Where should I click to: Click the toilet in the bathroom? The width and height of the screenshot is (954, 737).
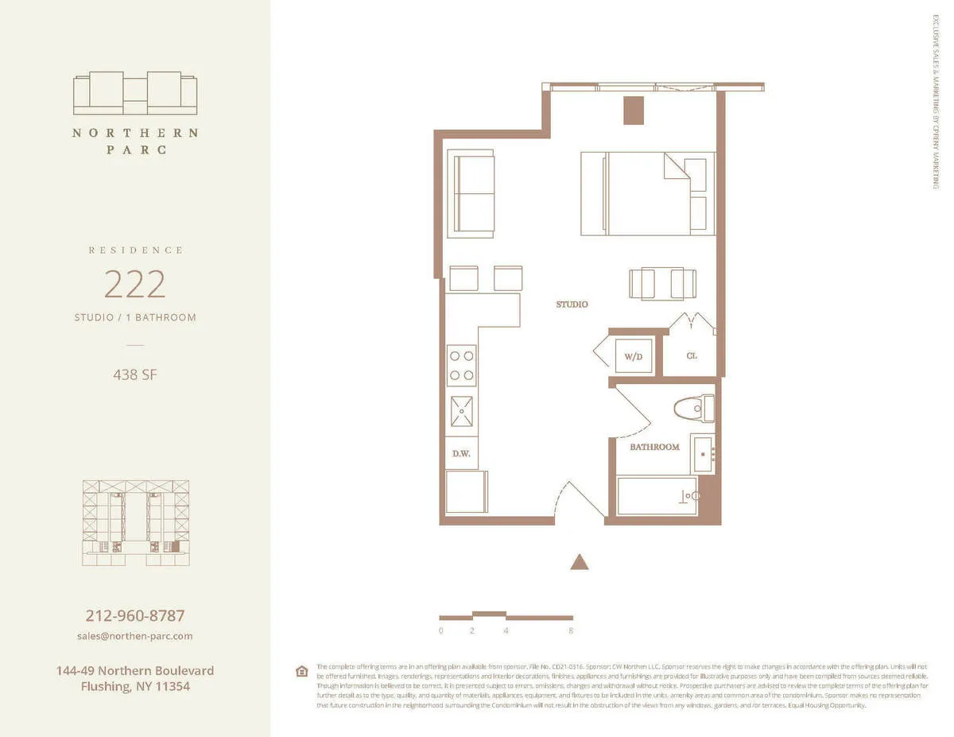[693, 409]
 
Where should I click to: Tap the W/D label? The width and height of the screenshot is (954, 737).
[633, 356]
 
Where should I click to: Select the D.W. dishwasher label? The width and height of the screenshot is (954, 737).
[460, 453]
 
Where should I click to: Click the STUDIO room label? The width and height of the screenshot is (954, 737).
[572, 304]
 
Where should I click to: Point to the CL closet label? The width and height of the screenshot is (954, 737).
[691, 355]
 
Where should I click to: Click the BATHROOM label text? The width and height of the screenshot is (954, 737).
[654, 447]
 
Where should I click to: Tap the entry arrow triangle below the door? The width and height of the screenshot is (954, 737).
[580, 562]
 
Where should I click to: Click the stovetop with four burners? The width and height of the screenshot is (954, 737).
[461, 365]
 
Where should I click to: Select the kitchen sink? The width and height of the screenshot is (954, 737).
[461, 411]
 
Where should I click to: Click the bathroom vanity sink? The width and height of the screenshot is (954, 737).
[703, 454]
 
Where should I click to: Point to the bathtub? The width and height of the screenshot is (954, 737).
[657, 495]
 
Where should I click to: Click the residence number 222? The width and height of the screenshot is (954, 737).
[135, 284]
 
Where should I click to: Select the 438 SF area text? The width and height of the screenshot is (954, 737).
[135, 374]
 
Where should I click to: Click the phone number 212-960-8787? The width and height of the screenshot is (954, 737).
[135, 616]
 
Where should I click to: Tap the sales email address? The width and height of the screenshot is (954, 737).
[135, 636]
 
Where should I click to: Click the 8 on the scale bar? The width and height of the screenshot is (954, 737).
[571, 631]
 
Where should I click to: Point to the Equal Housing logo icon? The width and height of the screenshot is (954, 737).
[301, 671]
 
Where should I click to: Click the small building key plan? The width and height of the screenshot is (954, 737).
[136, 522]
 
